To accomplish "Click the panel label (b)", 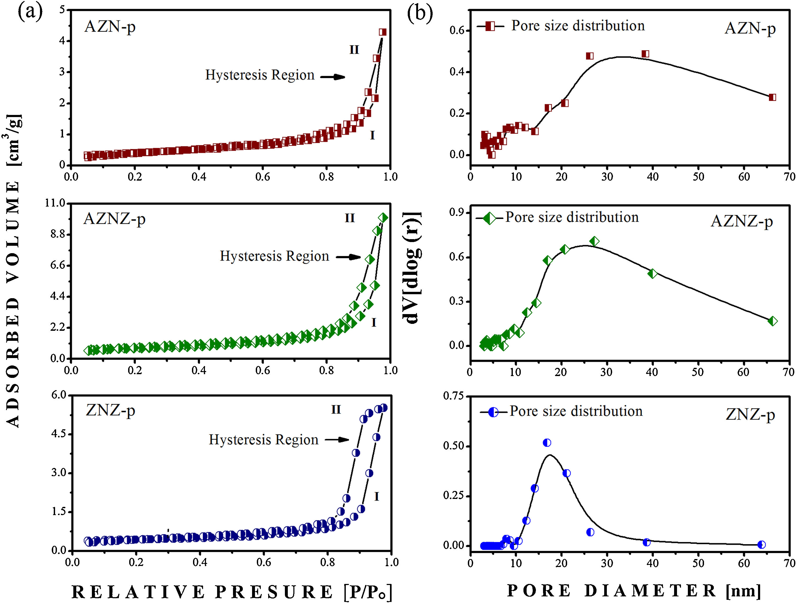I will [x=420, y=14].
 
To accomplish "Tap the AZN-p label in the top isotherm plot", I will [x=110, y=27].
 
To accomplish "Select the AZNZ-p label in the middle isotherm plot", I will [x=114, y=219].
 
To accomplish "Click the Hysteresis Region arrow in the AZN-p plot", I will [x=333, y=77].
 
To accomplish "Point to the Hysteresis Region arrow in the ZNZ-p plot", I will [x=337, y=440].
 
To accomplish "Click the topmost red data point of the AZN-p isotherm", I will [x=383, y=32].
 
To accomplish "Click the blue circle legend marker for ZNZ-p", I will [x=493, y=412].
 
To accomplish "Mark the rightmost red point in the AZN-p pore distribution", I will [x=772, y=97].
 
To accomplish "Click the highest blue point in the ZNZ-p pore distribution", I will [x=547, y=443].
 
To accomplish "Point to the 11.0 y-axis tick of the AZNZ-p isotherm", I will [x=55, y=203].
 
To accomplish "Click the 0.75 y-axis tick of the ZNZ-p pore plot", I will [x=454, y=396].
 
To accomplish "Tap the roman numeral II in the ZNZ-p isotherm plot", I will [x=336, y=410].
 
